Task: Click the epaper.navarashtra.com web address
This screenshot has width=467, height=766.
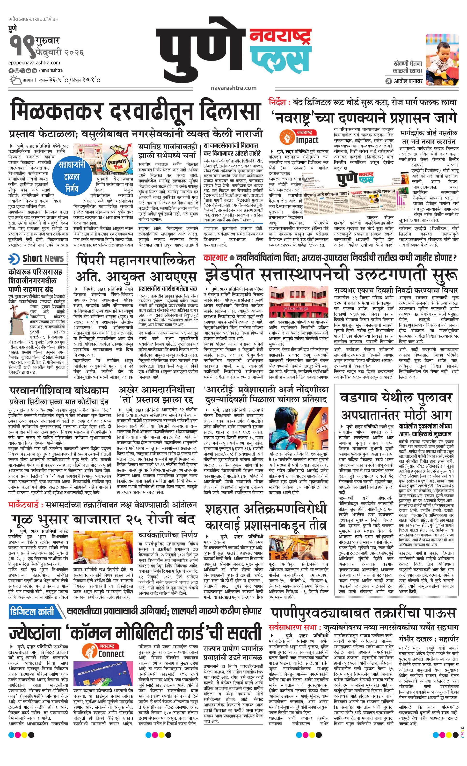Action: tap(34, 63)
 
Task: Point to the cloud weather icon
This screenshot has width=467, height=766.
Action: tap(15, 80)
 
